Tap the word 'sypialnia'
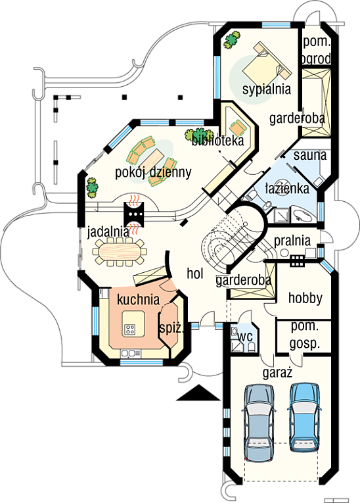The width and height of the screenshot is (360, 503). tap(267, 89)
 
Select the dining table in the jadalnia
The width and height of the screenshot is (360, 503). tap(120, 252)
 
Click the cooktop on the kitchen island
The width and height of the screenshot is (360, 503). tap(130, 329)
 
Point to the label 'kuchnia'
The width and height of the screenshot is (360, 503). tap(138, 299)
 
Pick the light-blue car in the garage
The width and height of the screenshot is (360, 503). tap(305, 418)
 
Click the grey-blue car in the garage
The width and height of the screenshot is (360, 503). tap(259, 423)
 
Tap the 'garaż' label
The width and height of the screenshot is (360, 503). tap(277, 373)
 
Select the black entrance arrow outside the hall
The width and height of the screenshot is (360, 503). tap(198, 393)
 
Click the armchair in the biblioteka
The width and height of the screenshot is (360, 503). tap(238, 127)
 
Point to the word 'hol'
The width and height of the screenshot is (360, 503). tap(195, 274)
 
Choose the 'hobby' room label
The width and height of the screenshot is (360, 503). tap(305, 298)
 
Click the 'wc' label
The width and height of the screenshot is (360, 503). tap(246, 337)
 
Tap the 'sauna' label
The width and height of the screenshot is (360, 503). tap(310, 155)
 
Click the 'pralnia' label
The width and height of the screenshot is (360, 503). tap(292, 241)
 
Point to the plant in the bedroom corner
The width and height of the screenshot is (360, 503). tap(232, 39)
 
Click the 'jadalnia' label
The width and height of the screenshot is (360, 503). tap(108, 232)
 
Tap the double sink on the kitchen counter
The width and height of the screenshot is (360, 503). tap(131, 353)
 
